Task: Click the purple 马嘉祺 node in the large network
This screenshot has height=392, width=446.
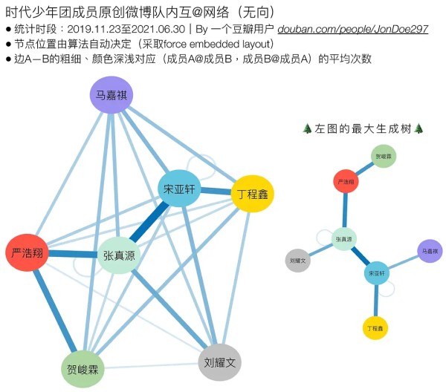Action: tap(111, 97)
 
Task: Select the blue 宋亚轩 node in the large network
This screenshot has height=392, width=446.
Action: tap(179, 189)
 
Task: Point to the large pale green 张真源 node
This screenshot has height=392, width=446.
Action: tap(120, 255)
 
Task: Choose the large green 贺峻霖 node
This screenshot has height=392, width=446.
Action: tap(83, 368)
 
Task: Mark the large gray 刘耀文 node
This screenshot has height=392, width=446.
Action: tap(221, 362)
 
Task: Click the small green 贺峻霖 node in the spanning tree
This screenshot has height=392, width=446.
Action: tap(383, 157)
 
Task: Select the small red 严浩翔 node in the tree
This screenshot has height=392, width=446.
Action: tap(346, 181)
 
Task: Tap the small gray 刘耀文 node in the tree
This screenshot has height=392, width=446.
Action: tap(297, 261)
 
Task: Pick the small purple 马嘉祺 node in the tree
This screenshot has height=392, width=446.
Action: tap(429, 252)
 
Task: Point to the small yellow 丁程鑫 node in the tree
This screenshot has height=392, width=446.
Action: tap(375, 327)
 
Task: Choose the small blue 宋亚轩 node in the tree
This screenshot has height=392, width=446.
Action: tap(377, 273)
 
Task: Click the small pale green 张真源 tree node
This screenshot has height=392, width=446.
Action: tap(344, 239)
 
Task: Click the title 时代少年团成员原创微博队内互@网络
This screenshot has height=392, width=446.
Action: tap(141, 11)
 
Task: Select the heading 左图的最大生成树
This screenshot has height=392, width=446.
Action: tap(363, 128)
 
